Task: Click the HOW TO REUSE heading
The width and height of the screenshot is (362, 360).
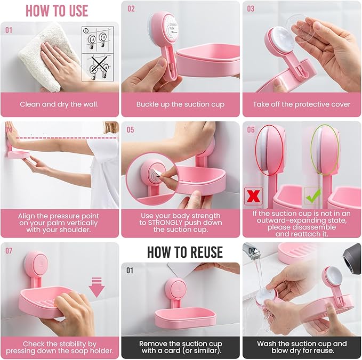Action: pos(184,251)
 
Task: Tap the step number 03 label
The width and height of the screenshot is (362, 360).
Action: pos(251,9)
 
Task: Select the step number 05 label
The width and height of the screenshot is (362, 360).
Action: pos(130,129)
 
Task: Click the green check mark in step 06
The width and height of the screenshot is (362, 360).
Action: pos(312,195)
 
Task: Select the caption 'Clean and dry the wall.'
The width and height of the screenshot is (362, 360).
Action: pos(59,104)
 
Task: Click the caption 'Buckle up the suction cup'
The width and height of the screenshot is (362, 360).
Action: pos(180,104)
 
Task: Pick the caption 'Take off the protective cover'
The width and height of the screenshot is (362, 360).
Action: pos(301,104)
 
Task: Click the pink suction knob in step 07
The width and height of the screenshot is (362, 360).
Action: pos(36,263)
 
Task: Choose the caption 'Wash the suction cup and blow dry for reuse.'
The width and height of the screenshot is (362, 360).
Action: pos(302,347)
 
